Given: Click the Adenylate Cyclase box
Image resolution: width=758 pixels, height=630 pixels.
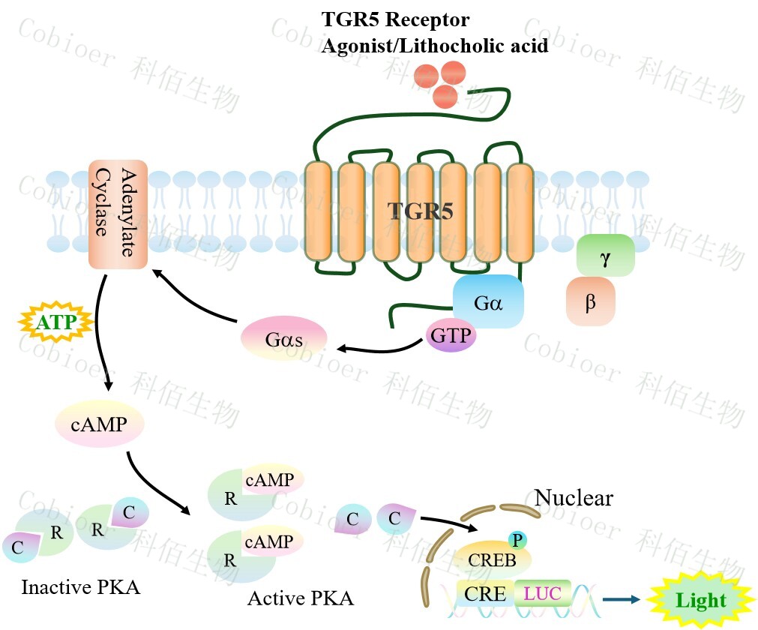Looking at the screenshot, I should coord(118,214).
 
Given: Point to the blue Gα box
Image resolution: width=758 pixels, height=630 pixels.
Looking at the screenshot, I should coord(487,301).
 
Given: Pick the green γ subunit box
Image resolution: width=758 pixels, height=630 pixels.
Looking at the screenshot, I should coord(605,256).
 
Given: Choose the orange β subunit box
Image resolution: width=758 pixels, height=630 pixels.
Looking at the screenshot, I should coord(591,301).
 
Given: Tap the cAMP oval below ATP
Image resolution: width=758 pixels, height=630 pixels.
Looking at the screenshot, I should coord(99,425).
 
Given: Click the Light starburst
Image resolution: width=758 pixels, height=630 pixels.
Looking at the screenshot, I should coord(700,599).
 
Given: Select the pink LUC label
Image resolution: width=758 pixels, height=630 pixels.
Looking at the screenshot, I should coord(542,593).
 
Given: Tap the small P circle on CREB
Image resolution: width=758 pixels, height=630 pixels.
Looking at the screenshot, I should coord(516,539).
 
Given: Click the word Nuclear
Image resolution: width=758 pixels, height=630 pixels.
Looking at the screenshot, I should coord(574,497).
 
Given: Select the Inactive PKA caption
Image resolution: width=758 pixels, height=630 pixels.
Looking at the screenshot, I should coord(80,586).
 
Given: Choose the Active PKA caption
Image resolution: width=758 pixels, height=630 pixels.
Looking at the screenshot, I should coord(300,598).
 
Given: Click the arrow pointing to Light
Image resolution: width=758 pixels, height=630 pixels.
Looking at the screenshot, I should coord(622,598).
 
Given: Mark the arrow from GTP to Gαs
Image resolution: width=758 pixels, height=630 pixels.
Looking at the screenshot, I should coord(379,346).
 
